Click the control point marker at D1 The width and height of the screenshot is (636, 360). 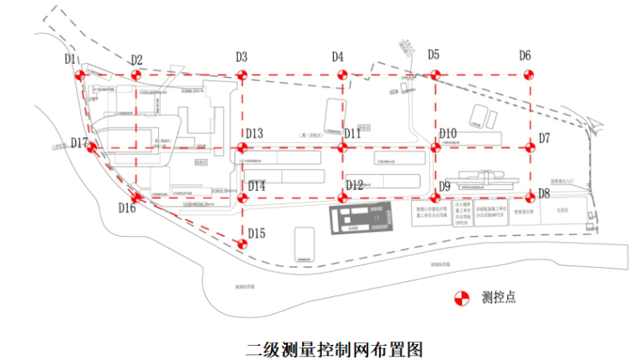pyautogui.click(x=81, y=75)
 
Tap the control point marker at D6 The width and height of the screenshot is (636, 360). pyautogui.click(x=528, y=75)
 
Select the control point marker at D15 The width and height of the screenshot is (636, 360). pyautogui.click(x=242, y=244)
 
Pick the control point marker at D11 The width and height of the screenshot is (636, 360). pyautogui.click(x=341, y=148)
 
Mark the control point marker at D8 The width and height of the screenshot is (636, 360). pyautogui.click(x=528, y=198)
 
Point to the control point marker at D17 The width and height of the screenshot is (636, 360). pyautogui.click(x=92, y=148)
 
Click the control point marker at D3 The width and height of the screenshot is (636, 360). pyautogui.click(x=242, y=75)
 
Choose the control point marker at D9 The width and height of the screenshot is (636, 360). pyautogui.click(x=434, y=198)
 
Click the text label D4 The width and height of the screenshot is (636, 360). pyautogui.click(x=337, y=57)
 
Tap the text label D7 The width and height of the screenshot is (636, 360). pyautogui.click(x=544, y=137)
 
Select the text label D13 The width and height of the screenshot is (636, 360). pyautogui.click(x=254, y=134)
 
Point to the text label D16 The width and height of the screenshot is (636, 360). pyautogui.click(x=126, y=208)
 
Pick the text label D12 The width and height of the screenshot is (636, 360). pyautogui.click(x=354, y=186)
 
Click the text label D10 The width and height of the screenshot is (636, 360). pyautogui.click(x=448, y=134)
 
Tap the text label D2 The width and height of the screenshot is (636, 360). pyautogui.click(x=136, y=60)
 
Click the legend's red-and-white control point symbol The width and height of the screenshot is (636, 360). pyautogui.click(x=461, y=297)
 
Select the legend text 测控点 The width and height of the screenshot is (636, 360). pyautogui.click(x=499, y=297)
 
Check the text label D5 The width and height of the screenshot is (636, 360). pyautogui.click(x=433, y=55)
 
